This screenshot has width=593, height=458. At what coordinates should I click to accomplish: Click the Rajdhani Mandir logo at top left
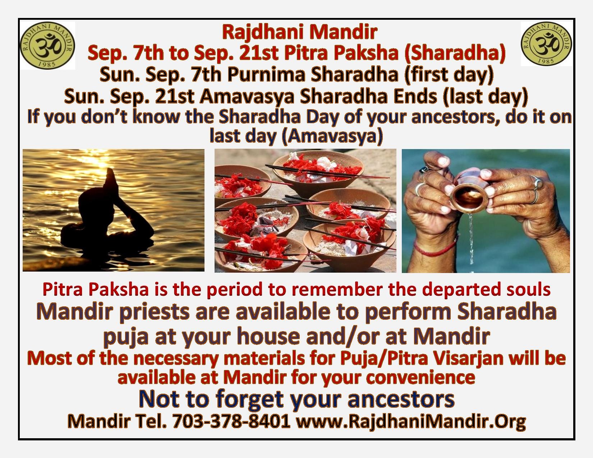(x=48, y=45)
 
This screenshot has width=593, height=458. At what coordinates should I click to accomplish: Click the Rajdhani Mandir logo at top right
(x=546, y=44)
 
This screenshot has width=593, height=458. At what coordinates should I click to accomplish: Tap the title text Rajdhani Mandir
(x=300, y=32)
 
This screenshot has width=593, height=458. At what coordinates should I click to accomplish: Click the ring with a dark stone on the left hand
(x=423, y=170)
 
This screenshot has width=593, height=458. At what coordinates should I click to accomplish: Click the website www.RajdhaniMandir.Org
(x=411, y=421)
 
